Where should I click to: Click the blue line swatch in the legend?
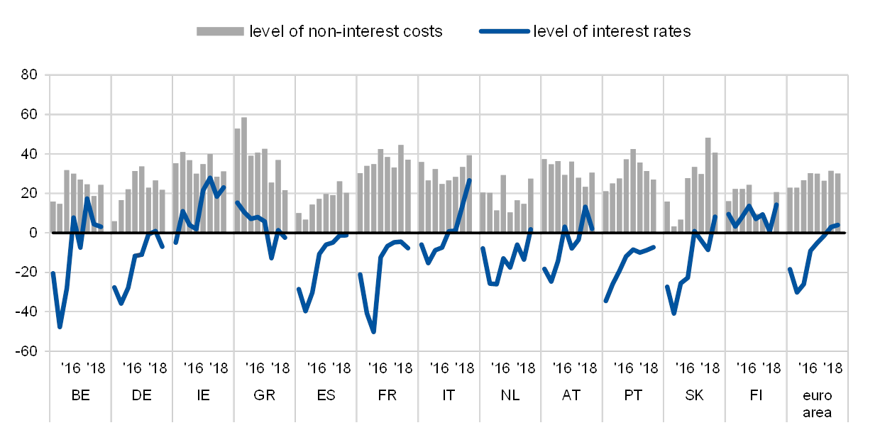[x=504, y=31]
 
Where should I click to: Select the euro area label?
[x=818, y=404]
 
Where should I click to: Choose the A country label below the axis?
[x=566, y=395]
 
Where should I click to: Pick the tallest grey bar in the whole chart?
[x=244, y=175]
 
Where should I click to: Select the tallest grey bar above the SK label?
[x=708, y=185]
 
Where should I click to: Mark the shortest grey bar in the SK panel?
[x=673, y=229]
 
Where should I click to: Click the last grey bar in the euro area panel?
[x=838, y=203]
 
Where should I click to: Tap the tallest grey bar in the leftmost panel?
[x=67, y=201]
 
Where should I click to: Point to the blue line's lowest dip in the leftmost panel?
[x=60, y=326]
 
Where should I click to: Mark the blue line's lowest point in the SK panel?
[x=673, y=313]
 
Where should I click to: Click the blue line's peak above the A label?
[x=585, y=207]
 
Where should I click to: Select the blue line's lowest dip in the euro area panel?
[x=798, y=292]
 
